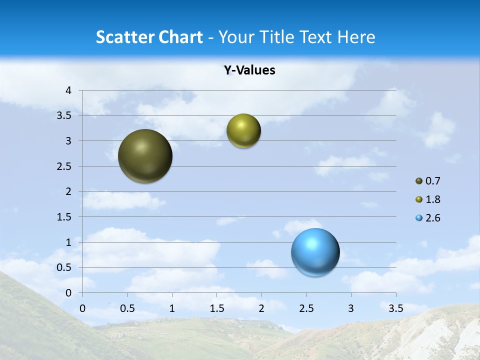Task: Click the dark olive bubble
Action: point(145,156)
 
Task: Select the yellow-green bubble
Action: point(243,131)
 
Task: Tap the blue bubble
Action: point(315,252)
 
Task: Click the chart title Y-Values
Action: point(249,70)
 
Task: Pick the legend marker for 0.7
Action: point(419,181)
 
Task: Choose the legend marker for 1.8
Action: point(419,199)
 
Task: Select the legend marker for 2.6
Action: point(419,218)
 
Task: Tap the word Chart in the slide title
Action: point(179,37)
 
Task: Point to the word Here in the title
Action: point(355,37)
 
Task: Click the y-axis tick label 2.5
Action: point(64,166)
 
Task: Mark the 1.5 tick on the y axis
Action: point(64,217)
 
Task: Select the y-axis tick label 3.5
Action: point(64,116)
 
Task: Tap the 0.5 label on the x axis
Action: point(127,308)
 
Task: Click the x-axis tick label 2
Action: point(261,308)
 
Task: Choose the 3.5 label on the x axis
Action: point(395,308)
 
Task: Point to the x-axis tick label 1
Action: point(172,308)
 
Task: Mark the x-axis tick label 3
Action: point(351,308)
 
